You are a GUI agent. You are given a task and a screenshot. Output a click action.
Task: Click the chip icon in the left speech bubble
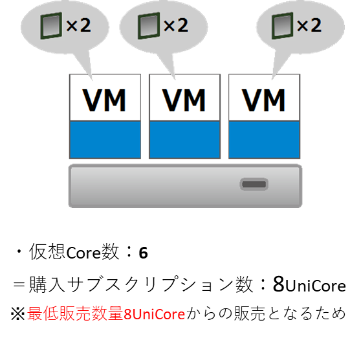51,26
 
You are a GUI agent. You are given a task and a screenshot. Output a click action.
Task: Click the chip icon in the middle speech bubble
149,26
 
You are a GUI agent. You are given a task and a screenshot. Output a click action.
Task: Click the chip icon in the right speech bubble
283,26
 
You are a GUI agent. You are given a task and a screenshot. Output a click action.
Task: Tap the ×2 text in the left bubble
78,25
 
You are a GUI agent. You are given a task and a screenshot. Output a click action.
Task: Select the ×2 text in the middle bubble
176,25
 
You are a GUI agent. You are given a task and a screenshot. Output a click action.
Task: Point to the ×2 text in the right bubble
309,25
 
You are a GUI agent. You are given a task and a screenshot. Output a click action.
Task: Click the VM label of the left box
105,100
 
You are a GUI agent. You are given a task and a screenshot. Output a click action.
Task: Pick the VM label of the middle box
184,100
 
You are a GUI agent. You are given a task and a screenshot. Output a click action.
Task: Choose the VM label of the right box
264,100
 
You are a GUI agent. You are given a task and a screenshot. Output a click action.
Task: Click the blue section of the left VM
105,140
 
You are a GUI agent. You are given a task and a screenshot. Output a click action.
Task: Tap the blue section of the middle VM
184,140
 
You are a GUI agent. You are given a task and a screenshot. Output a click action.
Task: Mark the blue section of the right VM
265,140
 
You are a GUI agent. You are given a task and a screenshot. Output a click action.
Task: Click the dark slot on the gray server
254,184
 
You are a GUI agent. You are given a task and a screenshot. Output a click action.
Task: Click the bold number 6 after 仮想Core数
143,253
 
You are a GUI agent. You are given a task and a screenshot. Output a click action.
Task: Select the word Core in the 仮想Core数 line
83,253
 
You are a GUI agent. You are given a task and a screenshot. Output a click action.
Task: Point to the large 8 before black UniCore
279,284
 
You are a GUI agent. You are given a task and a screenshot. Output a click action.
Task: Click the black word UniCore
316,286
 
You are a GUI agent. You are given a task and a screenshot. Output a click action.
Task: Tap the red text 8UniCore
154,314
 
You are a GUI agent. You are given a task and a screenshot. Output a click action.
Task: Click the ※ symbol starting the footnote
17,313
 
